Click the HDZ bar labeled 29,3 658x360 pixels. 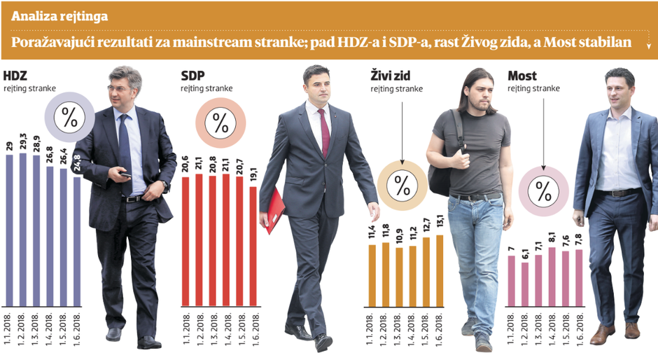click(22, 230)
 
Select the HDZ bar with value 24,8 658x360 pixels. click(77, 242)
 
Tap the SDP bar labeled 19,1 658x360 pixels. click(252, 247)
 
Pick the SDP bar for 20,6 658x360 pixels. click(185, 242)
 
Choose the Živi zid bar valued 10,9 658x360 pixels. click(399, 277)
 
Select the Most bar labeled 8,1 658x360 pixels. click(552, 277)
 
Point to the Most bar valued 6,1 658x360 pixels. click(525, 284)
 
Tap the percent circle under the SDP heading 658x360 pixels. click(220, 123)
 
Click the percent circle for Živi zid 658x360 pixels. click(402, 186)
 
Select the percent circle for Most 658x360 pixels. click(543, 189)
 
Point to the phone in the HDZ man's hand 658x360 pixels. click(124, 173)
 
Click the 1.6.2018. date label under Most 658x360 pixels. click(580, 326)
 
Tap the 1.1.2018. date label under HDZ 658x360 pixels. click(9, 326)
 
